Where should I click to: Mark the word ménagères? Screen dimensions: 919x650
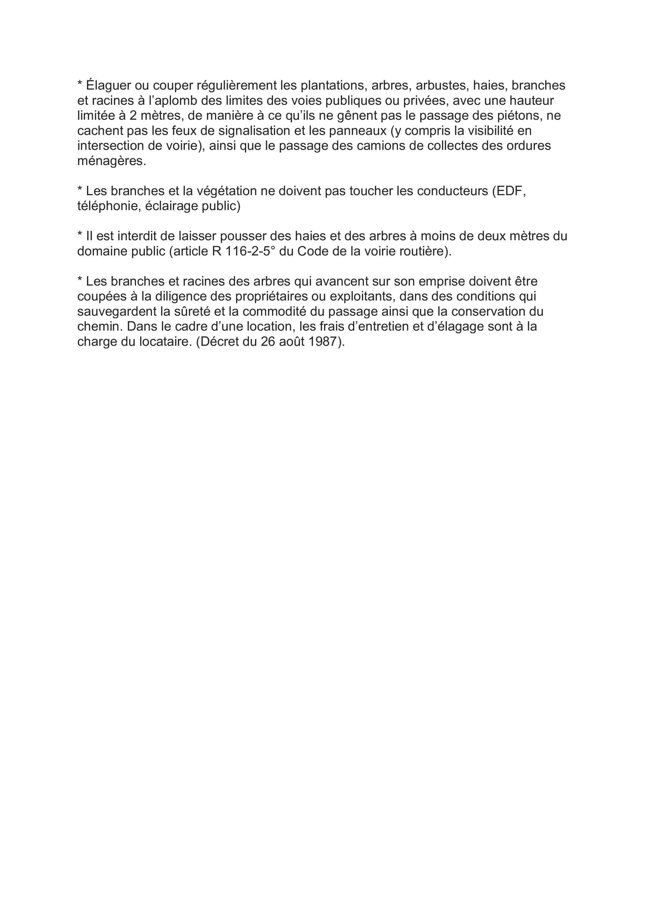111,161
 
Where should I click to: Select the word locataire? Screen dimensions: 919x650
162,342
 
